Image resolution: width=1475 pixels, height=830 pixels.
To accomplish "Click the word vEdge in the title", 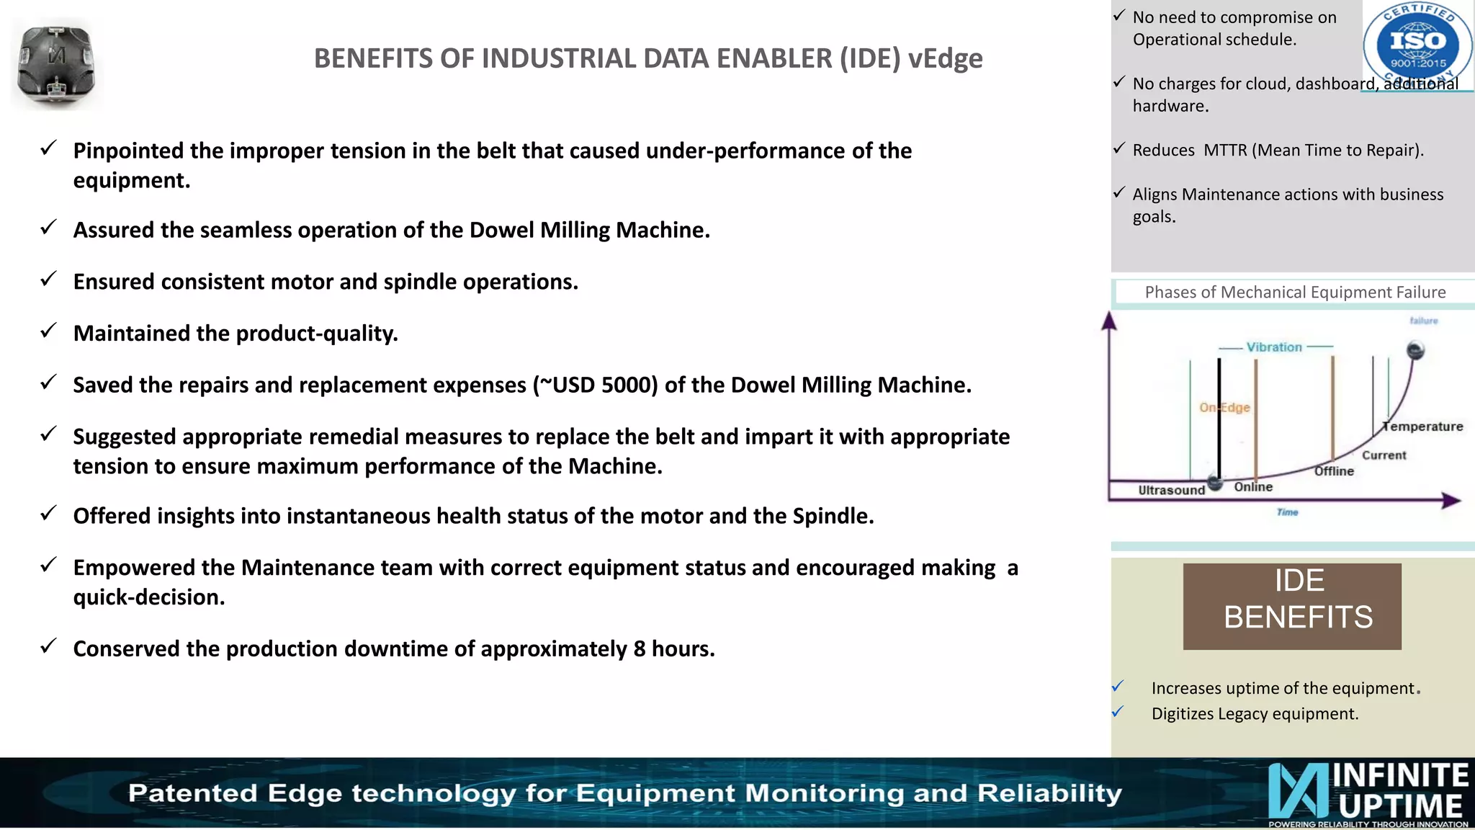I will click(945, 58).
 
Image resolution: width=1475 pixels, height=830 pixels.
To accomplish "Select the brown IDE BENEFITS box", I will click(1292, 606).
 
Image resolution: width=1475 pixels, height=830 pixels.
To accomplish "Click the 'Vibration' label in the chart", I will click(1274, 347).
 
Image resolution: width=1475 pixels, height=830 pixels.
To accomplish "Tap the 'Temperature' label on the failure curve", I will click(1424, 427).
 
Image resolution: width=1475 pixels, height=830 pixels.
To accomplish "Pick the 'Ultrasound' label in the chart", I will click(1171, 490).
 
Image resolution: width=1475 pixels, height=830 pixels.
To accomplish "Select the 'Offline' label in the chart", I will click(1334, 471).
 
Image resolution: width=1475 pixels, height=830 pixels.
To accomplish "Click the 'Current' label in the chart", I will click(1384, 455).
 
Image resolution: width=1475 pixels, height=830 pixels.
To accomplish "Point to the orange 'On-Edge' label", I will click(1224, 408).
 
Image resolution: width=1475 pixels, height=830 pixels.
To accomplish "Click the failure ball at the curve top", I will click(1415, 351).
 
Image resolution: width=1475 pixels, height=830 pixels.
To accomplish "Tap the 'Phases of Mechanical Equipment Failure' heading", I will click(1295, 293).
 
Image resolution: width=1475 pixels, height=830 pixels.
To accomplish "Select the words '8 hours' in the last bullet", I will click(674, 649).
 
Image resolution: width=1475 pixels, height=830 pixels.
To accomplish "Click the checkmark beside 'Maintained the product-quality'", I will click(48, 331).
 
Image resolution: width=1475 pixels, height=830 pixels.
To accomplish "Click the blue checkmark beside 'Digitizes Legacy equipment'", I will click(1118, 712).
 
